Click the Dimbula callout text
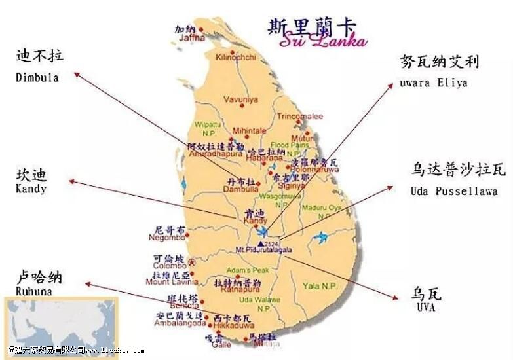37,78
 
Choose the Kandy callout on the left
31,189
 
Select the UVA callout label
425,307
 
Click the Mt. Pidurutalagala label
265,250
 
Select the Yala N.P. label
320,286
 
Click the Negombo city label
170,240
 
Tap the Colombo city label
170,266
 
